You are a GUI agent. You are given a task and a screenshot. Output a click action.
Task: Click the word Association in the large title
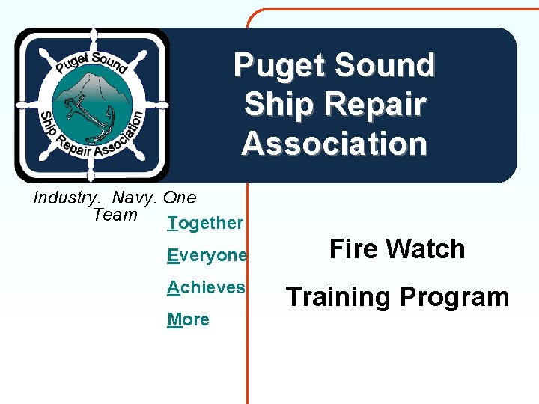[x=335, y=143]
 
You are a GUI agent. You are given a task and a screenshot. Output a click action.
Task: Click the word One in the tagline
[x=180, y=198]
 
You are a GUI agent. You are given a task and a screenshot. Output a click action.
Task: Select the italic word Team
[x=115, y=215]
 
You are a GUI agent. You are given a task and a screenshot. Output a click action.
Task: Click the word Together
[x=206, y=223]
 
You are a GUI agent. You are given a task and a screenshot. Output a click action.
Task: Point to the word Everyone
[x=207, y=256]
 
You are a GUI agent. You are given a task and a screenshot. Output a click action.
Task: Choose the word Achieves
[x=207, y=287]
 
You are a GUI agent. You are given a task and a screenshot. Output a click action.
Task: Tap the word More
[x=189, y=320]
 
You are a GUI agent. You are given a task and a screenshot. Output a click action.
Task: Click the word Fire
[x=354, y=249]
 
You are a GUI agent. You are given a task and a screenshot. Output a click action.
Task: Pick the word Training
[x=338, y=297]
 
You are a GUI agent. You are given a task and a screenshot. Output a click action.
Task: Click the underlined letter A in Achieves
[x=173, y=287]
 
